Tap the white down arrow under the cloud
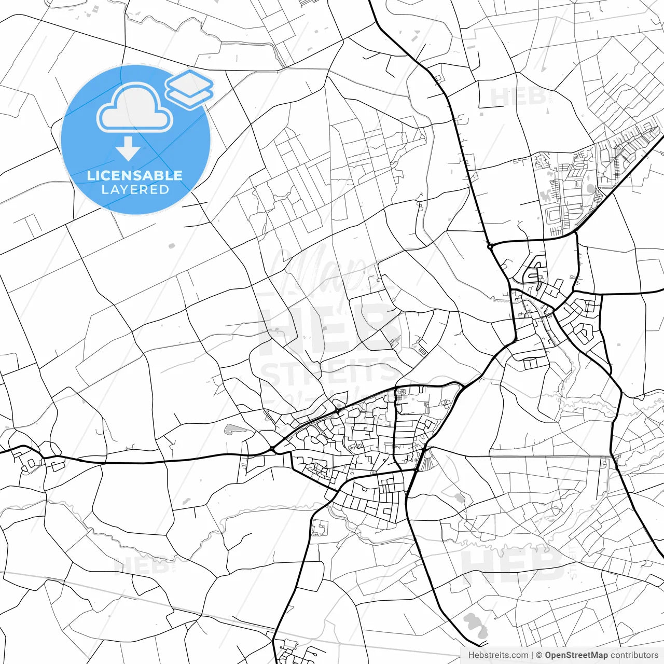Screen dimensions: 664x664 128,149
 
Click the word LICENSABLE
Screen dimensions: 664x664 135,175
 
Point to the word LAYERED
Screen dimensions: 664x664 135,190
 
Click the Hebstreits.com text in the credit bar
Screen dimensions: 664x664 498,655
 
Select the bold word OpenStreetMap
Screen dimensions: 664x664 576,655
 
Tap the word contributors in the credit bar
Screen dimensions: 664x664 634,655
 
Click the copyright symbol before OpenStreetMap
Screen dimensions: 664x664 539,655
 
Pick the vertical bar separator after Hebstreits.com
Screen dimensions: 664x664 532,655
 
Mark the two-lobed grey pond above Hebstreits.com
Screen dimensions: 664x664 474,624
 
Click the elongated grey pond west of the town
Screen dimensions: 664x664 234,429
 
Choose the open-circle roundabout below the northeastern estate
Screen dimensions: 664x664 490,246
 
